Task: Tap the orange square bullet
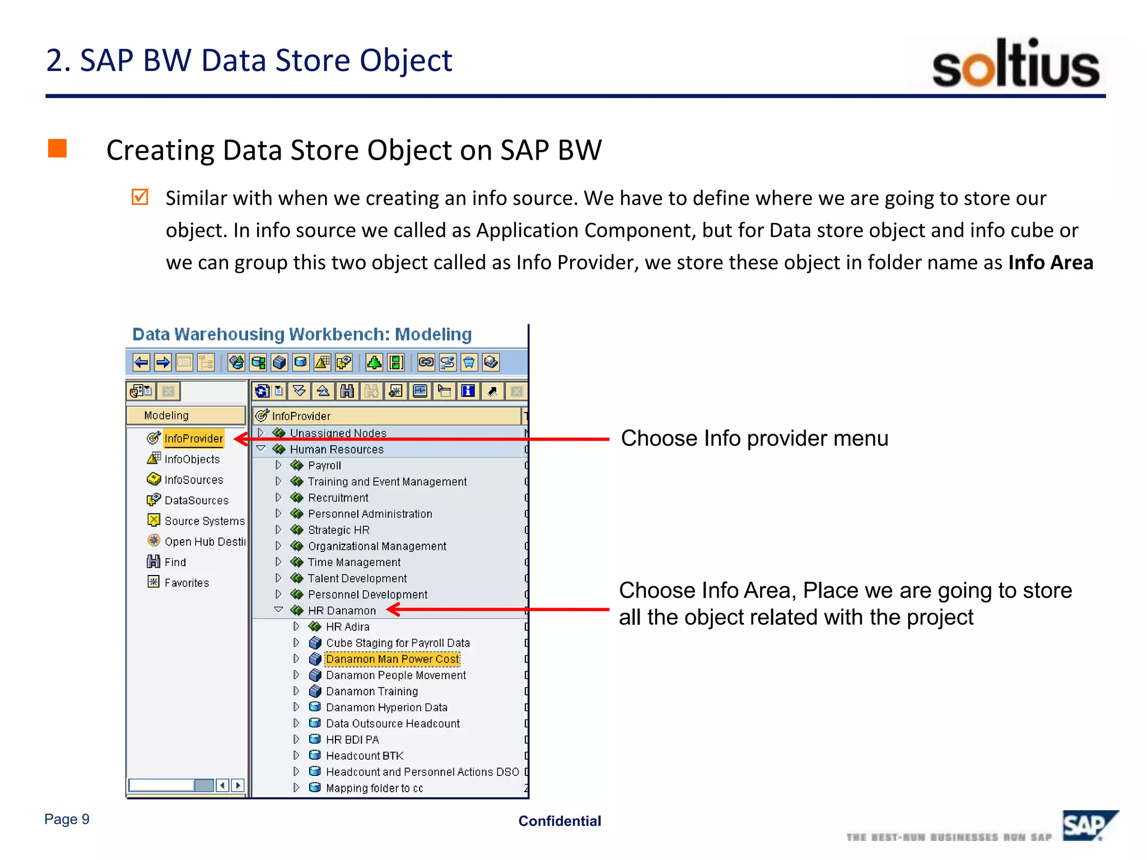click(57, 149)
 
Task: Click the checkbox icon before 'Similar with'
click(139, 197)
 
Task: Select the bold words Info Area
click(1050, 263)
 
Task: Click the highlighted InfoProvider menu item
click(193, 438)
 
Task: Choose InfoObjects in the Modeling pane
click(192, 459)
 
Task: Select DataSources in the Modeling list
click(196, 501)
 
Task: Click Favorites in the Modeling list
click(186, 583)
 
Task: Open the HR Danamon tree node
click(342, 611)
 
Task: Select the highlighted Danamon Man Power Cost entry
click(392, 659)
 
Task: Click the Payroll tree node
click(324, 466)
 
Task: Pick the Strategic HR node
click(338, 530)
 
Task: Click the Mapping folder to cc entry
click(374, 788)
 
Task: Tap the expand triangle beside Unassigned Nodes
click(260, 433)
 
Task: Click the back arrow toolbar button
click(141, 363)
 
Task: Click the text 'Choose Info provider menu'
click(754, 438)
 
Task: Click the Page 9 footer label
click(67, 819)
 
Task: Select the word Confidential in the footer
click(559, 821)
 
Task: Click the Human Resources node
click(336, 450)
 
